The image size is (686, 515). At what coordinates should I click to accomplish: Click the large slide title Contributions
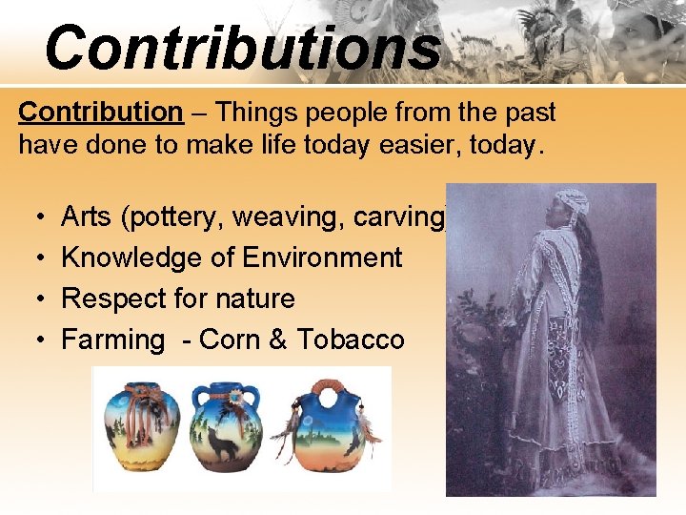click(x=242, y=48)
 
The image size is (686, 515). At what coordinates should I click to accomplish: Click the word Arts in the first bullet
click(x=87, y=217)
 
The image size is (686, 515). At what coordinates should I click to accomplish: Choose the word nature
click(x=252, y=299)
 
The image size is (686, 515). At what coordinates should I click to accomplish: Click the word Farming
click(x=113, y=340)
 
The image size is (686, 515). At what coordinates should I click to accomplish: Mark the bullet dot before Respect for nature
click(x=32, y=299)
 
